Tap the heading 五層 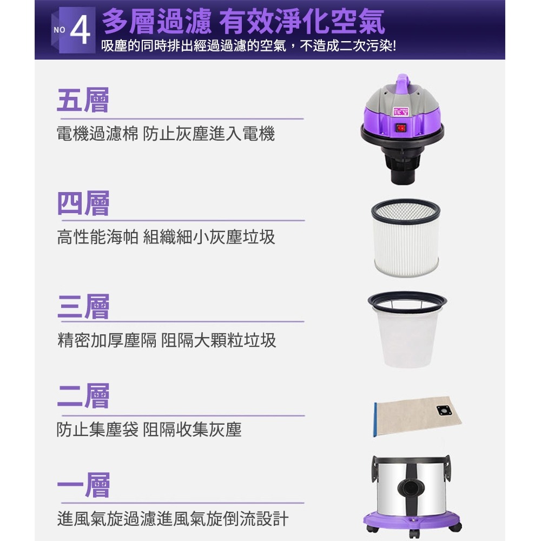click(83, 101)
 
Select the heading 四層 click(83, 204)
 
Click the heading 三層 click(83, 307)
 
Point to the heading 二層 click(83, 396)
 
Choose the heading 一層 click(83, 485)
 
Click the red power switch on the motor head click(401, 128)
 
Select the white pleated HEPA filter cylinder click(406, 238)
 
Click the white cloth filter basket click(407, 333)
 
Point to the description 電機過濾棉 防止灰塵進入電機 click(166, 134)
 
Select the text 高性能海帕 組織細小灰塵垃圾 click(166, 236)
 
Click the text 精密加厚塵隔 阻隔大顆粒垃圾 click(167, 340)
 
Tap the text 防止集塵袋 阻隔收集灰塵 click(149, 430)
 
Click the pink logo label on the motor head click(401, 111)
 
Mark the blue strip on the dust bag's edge click(374, 419)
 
